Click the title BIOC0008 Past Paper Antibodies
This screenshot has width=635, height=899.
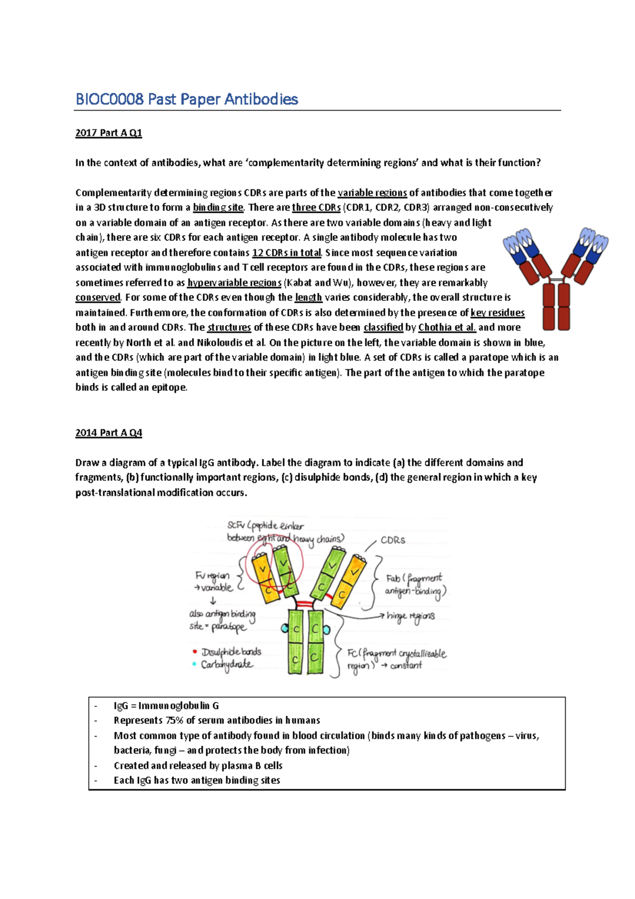point(187,99)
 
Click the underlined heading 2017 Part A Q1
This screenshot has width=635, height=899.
point(108,133)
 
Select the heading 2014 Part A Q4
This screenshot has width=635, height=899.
point(108,433)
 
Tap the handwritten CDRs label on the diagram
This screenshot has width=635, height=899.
point(393,540)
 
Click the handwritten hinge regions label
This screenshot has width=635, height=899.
point(411,616)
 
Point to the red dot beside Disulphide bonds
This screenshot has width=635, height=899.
point(195,652)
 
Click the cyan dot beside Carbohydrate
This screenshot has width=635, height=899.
point(195,664)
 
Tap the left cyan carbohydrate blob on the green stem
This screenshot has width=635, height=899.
point(285,628)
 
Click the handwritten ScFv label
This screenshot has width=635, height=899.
point(236,525)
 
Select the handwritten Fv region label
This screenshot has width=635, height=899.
point(212,576)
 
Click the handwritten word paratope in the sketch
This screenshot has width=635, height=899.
point(228,627)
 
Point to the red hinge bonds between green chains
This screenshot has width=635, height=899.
point(305,604)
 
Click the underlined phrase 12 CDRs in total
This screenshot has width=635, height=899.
point(286,253)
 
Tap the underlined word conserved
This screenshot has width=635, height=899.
point(98,297)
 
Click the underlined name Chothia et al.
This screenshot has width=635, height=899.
point(447,327)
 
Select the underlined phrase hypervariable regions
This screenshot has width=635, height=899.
point(234,282)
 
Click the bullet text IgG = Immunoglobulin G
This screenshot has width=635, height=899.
point(166,705)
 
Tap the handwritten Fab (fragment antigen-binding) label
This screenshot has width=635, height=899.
point(415,584)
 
